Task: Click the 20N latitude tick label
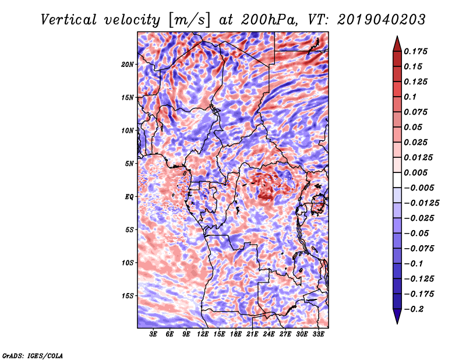pyautogui.click(x=128, y=64)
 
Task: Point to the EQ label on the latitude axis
pyautogui.click(x=129, y=197)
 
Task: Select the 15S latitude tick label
pyautogui.click(x=128, y=296)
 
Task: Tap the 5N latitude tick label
pyautogui.click(x=129, y=164)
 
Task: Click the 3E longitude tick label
pyautogui.click(x=153, y=335)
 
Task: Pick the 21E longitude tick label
pyautogui.click(x=252, y=335)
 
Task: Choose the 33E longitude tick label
pyautogui.click(x=318, y=335)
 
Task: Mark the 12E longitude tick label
pyautogui.click(x=203, y=335)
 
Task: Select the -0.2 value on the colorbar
pyautogui.click(x=415, y=309)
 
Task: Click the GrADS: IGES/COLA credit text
pyautogui.click(x=33, y=355)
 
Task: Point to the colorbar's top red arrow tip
pyautogui.click(x=397, y=37)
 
